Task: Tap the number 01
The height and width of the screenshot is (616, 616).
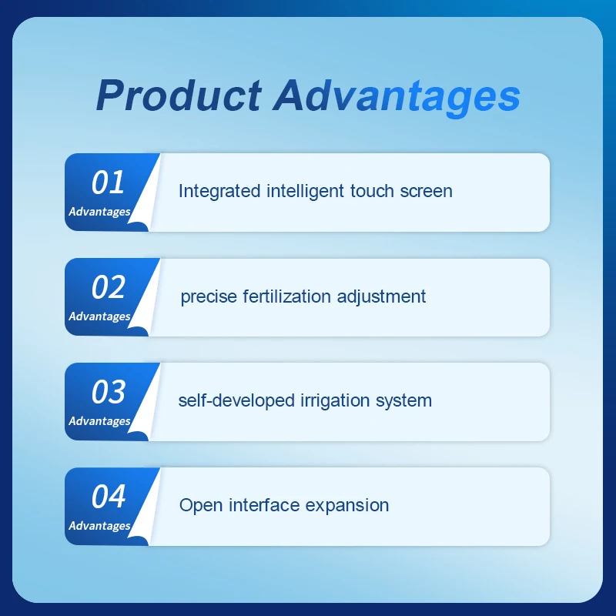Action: [108, 183]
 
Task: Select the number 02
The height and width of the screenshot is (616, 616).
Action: [108, 288]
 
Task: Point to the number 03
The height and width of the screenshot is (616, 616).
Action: [108, 393]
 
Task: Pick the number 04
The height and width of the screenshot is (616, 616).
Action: [108, 497]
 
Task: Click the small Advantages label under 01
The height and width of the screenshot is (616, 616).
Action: [99, 212]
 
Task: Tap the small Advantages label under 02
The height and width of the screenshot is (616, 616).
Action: [99, 316]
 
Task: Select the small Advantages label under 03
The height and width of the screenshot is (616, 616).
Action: [99, 421]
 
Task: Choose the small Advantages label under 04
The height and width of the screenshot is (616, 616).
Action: [99, 526]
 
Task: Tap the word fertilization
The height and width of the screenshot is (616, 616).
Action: [286, 296]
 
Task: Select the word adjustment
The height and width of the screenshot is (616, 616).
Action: [384, 296]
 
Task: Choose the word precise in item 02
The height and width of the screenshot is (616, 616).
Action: [208, 296]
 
